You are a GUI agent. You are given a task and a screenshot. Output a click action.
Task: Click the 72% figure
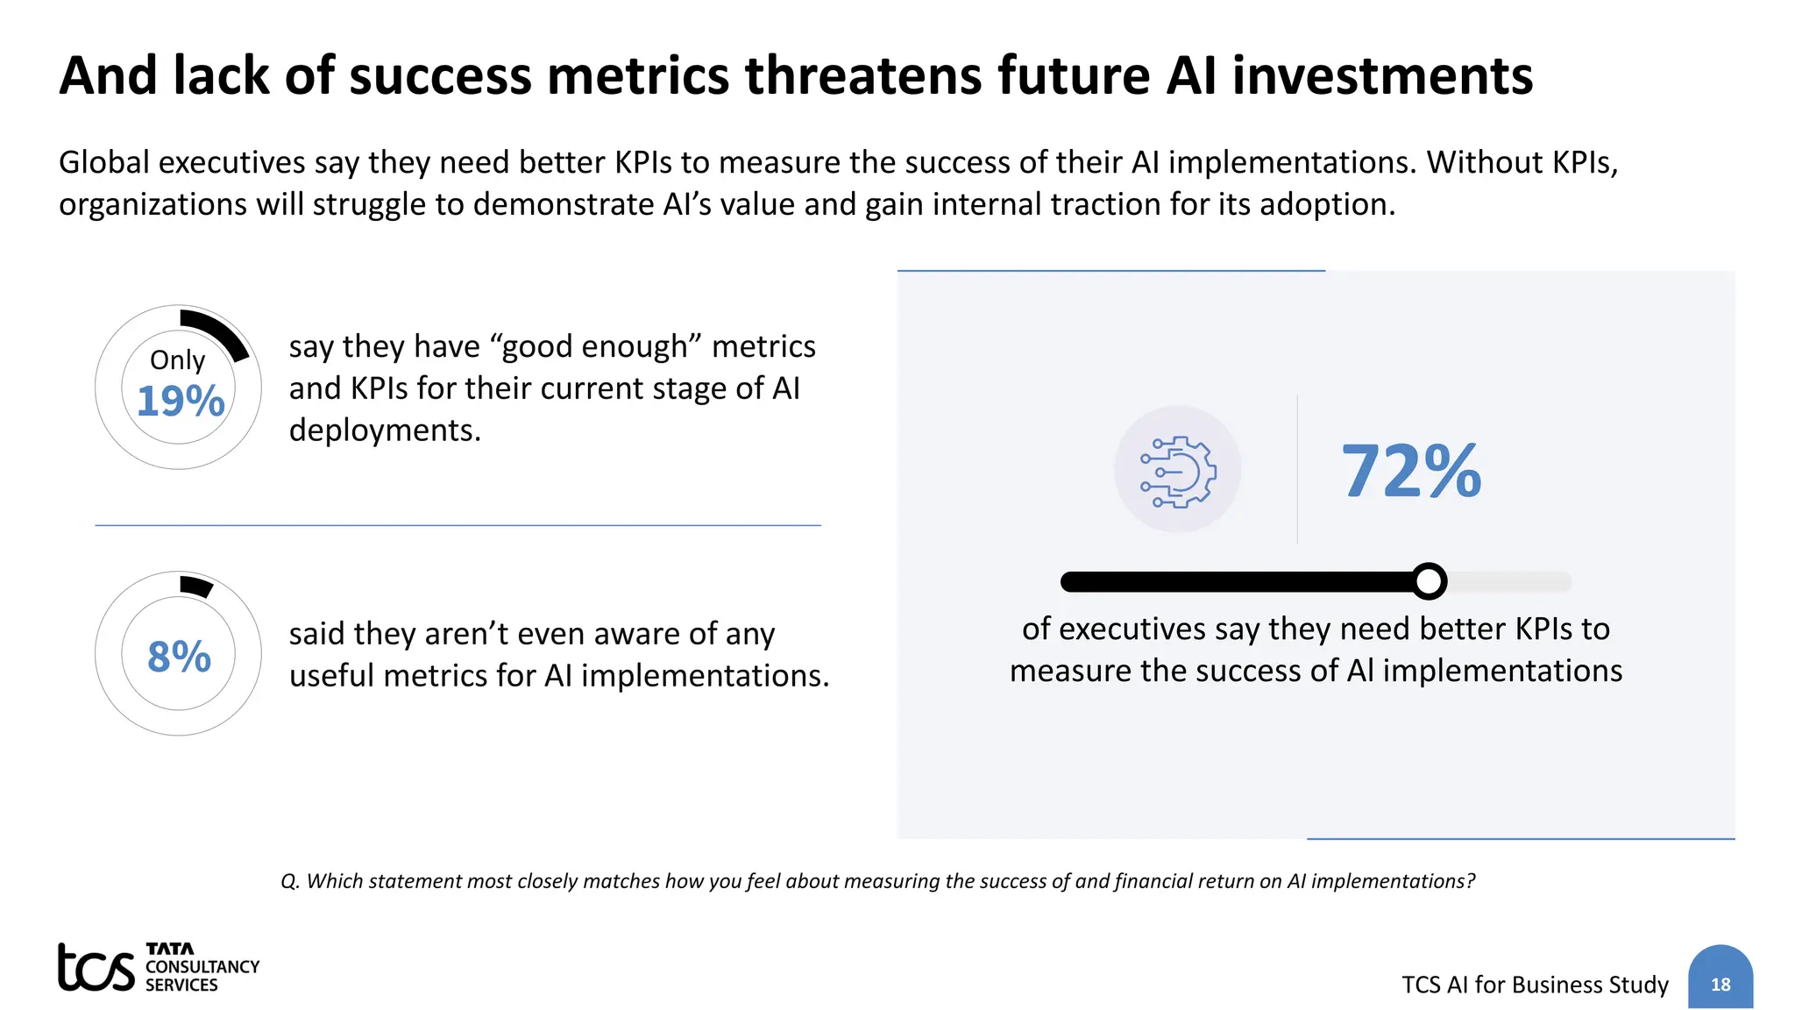[1411, 472]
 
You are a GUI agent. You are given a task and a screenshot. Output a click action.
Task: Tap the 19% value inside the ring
[181, 402]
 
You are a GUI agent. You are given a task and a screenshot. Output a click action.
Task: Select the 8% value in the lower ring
[179, 657]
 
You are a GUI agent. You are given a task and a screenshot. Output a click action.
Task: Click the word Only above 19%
[177, 359]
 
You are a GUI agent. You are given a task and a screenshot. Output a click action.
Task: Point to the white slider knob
[1430, 581]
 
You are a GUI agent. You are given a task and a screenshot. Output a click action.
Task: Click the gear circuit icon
[1177, 471]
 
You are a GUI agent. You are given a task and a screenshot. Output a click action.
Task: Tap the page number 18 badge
[1720, 984]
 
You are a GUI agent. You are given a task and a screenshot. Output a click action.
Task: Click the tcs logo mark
[96, 968]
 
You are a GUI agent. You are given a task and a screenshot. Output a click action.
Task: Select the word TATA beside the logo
[170, 949]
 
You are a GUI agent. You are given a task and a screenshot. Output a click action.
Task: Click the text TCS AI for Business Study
[1535, 985]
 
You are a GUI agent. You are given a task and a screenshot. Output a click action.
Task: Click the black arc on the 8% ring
[196, 586]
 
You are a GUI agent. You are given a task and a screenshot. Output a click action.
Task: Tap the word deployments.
[385, 430]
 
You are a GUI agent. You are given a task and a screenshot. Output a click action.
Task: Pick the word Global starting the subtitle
[104, 163]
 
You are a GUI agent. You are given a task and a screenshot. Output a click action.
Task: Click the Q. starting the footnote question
[290, 881]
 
